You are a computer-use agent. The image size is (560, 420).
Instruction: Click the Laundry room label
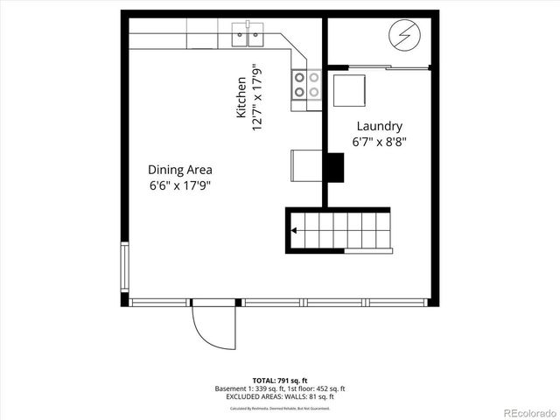coord(379,126)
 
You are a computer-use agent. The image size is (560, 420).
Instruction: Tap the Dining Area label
coord(179,170)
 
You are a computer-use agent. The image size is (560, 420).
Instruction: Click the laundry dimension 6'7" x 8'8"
coord(379,141)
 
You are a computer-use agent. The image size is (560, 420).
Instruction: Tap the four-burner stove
coord(306,85)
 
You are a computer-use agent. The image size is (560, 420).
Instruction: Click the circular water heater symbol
coord(405,36)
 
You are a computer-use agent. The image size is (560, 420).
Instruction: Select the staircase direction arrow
coord(295,231)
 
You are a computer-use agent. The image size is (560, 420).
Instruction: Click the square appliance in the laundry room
coord(347,88)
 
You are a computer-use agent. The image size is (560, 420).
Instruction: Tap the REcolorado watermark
coord(521,412)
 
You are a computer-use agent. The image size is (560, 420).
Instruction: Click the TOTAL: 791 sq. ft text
coord(280,380)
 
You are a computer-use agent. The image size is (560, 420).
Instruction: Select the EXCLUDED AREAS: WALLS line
coord(280,396)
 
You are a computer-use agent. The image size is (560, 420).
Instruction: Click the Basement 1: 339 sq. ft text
coord(245,388)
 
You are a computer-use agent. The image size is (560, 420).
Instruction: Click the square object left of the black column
coord(307,164)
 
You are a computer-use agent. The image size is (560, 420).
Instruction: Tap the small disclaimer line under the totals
coord(280,408)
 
